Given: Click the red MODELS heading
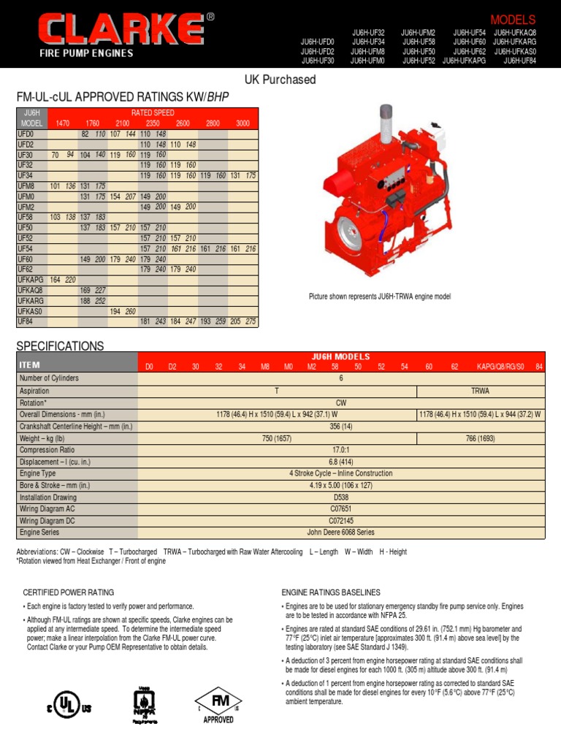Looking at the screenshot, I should click(513, 20).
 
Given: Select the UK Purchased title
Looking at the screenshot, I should click(280, 80).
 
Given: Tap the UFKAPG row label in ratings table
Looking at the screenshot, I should click(31, 280).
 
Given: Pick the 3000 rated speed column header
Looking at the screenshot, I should click(243, 124).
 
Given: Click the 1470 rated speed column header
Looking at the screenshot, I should click(62, 124).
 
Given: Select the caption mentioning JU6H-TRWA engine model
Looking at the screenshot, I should click(380, 297).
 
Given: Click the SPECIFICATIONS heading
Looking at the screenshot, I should click(60, 346).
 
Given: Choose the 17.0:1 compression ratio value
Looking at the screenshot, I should click(340, 450).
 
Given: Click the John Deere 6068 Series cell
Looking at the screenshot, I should click(340, 533).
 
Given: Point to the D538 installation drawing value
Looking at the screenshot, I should click(340, 497).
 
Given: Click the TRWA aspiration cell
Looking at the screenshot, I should click(480, 391).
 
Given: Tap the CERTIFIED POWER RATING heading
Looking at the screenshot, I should click(69, 592).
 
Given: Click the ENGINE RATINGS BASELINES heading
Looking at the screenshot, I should click(330, 592).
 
